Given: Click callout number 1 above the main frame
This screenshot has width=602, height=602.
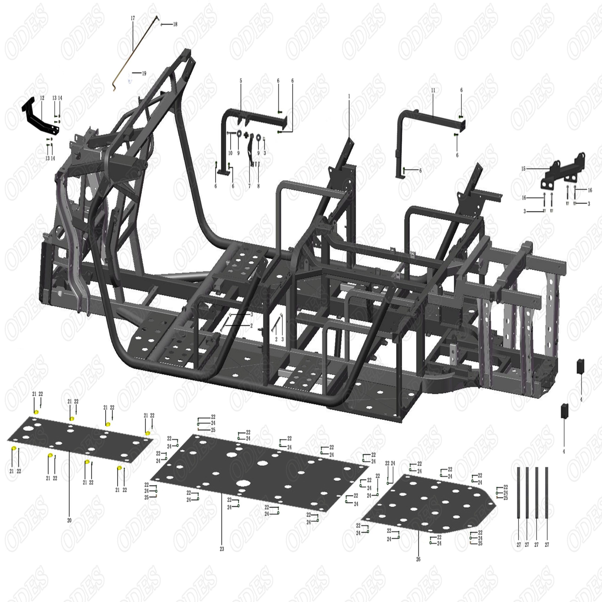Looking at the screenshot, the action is [x=349, y=97].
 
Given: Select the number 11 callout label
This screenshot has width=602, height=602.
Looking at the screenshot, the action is [x=433, y=90].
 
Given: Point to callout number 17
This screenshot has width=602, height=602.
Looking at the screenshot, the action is [x=133, y=18].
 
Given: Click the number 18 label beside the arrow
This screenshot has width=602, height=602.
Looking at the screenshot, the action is [x=175, y=24].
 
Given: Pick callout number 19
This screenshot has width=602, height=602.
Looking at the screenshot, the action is [x=144, y=74].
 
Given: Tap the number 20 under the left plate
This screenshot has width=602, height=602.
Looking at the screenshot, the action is [x=69, y=520].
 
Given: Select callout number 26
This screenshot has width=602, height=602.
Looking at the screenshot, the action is [x=418, y=559].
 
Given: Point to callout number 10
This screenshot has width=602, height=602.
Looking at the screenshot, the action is [x=230, y=153].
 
